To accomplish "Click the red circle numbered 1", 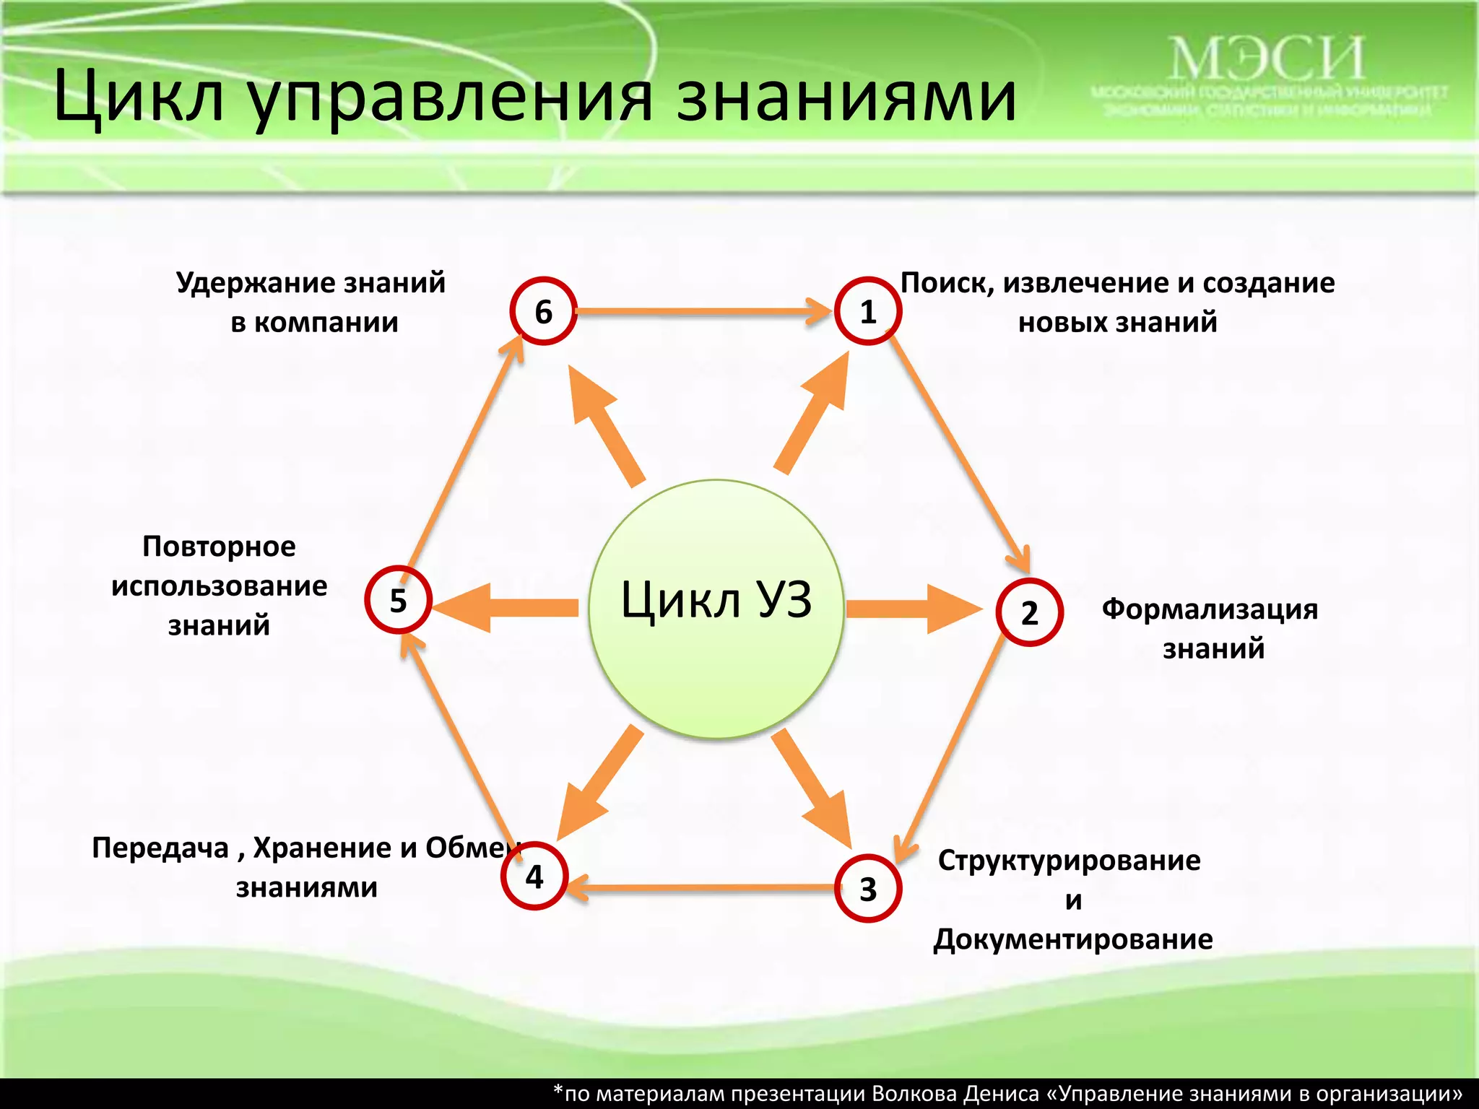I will pos(867,311).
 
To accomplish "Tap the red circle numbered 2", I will pos(1029,612).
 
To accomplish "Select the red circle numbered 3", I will pos(867,888).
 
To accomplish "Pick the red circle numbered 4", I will pos(534,876).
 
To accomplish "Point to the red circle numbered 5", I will pos(398,600).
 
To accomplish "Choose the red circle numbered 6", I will pos(543,311).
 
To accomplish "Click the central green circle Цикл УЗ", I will pos(716,609).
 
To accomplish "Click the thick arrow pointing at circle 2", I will pos(914,609).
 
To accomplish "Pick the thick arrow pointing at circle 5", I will pos(506,607).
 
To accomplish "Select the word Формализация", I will pos(1210,609).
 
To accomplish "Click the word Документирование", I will pos(1072,939).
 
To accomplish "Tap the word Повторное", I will pos(219,547).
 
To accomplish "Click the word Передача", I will pos(160,848).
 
